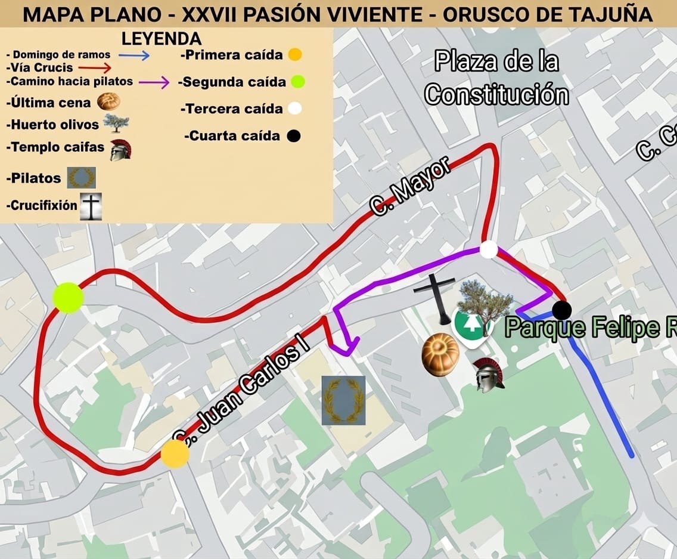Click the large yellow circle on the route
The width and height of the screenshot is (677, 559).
[x=175, y=454]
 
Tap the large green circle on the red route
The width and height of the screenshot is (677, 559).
[x=68, y=298]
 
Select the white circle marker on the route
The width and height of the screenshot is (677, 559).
[x=489, y=249]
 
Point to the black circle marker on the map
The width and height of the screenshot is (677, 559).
[x=561, y=310]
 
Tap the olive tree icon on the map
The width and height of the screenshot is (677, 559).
[x=485, y=301]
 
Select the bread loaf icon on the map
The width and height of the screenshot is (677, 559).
[x=440, y=356]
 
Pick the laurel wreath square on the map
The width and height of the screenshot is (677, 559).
[x=343, y=400]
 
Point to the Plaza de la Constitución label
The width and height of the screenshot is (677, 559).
[x=496, y=78]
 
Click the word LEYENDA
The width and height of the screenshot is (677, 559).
[x=162, y=39]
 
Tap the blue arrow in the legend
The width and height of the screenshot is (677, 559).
[x=133, y=55]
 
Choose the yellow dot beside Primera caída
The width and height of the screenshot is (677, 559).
[x=294, y=55]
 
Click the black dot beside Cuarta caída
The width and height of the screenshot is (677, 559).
[x=293, y=136]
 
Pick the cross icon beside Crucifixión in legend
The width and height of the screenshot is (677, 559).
[x=91, y=206]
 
